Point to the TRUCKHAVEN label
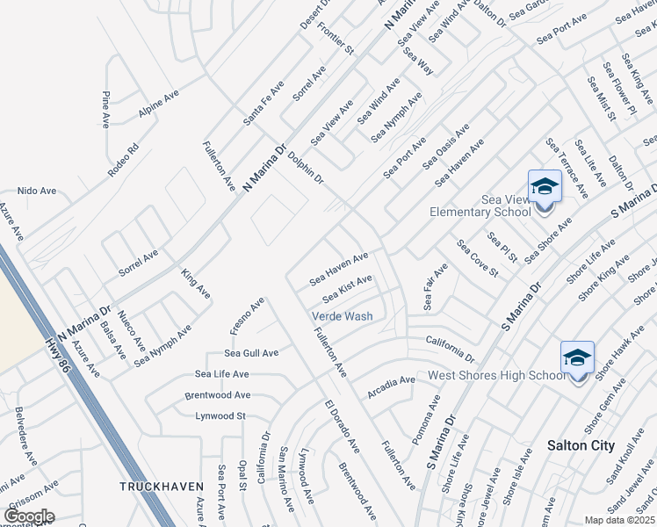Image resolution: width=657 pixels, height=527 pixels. click(x=162, y=486)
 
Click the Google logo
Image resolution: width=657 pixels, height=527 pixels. click(x=29, y=516)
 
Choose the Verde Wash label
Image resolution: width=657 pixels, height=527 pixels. click(x=343, y=316)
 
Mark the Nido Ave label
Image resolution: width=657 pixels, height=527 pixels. click(x=37, y=191)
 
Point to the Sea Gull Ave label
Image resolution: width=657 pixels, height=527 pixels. click(x=250, y=353)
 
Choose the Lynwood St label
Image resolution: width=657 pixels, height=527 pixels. click(x=220, y=415)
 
